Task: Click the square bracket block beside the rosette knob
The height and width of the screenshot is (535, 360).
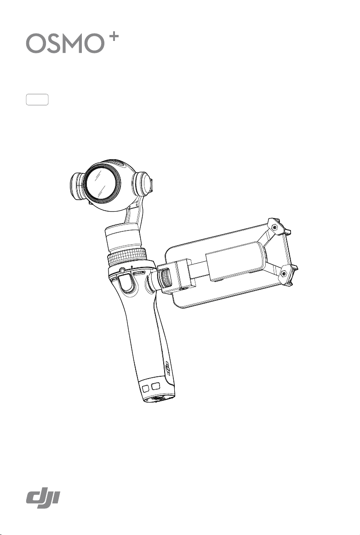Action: pos(180,276)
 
